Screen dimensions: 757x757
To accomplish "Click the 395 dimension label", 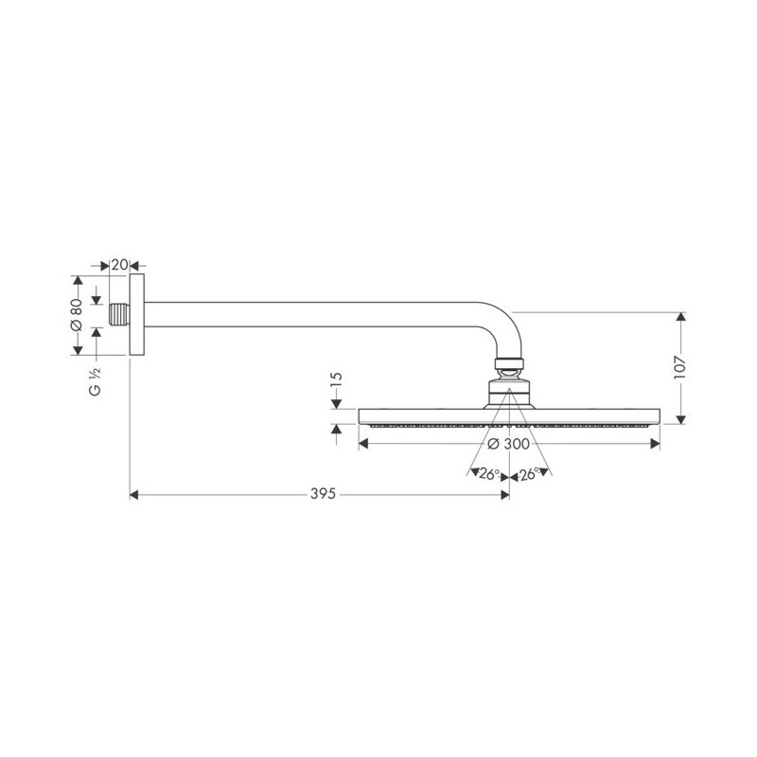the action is [323, 494].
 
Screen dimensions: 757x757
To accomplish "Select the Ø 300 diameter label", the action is [508, 444].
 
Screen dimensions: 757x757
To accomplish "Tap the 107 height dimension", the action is [679, 368].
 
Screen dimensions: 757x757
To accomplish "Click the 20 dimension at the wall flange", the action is [120, 265].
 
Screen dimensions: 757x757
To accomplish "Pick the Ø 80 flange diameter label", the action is [77, 315].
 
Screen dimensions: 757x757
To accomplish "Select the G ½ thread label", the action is [96, 382].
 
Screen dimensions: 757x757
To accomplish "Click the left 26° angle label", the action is [489, 475].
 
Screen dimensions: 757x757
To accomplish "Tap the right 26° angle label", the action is [529, 475].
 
